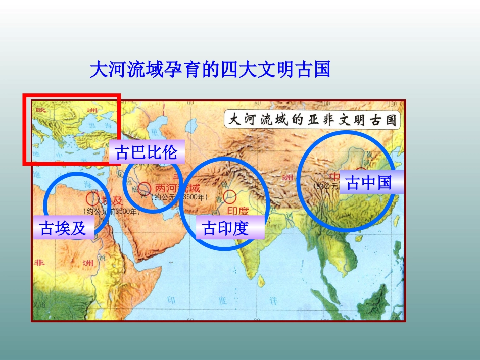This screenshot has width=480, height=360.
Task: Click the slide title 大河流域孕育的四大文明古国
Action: [210, 70]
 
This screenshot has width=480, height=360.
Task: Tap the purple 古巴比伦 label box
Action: [147, 152]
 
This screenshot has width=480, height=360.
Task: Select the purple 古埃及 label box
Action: [63, 228]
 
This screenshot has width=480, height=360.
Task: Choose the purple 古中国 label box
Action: [369, 182]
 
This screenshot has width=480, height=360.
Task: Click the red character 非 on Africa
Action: [39, 263]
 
